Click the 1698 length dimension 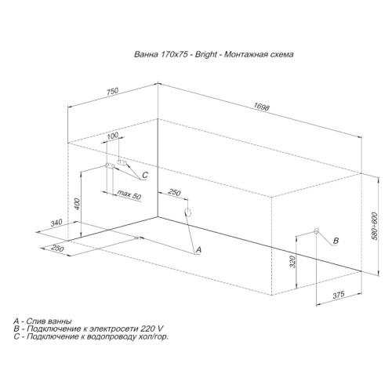tap(261, 107)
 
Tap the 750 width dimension tap(112, 91)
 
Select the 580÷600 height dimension tap(374, 226)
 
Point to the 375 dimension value tap(339, 295)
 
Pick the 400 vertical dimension tap(78, 205)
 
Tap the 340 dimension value tap(56, 223)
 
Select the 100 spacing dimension tap(113, 136)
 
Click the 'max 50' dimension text tap(129, 194)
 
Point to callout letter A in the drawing tap(198, 250)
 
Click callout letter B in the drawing tap(336, 241)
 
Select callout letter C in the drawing tap(145, 175)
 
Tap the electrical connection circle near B tap(316, 230)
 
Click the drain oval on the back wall tap(188, 212)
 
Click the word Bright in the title tap(206, 54)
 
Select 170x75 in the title tap(175, 54)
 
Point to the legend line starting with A tap(42, 321)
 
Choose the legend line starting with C tap(91, 337)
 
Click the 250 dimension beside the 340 tap(57, 248)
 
